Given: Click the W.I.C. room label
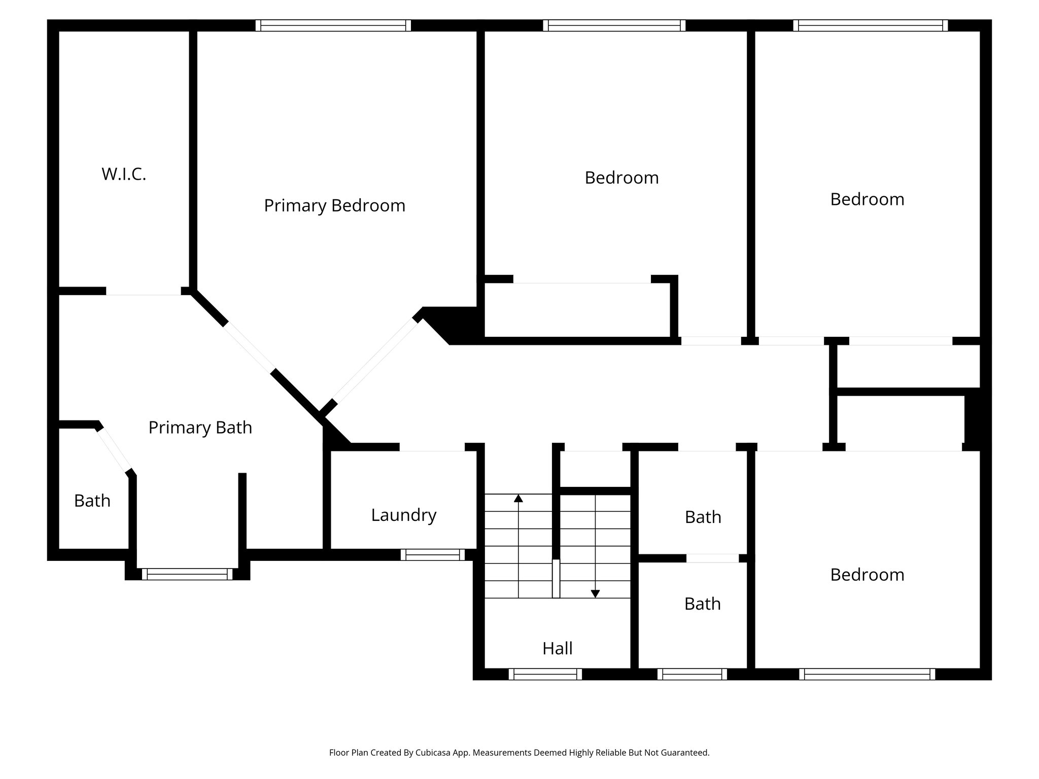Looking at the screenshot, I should click(x=124, y=174).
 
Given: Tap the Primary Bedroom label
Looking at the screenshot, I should click(x=334, y=206).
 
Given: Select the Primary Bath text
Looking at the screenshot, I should click(x=200, y=428).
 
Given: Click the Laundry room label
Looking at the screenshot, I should click(x=403, y=515).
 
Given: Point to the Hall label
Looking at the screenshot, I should click(x=557, y=649).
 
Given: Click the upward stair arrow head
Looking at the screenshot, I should click(x=518, y=498).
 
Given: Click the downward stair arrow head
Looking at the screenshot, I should click(x=596, y=593).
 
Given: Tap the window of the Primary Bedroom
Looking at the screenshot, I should click(x=333, y=25).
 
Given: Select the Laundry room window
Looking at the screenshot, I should click(x=433, y=555).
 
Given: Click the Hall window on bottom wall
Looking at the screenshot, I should click(x=545, y=674).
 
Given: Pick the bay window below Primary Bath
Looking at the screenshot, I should click(x=187, y=574).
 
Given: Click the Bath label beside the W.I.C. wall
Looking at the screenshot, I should click(x=92, y=501).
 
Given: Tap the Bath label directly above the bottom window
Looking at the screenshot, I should click(x=702, y=604).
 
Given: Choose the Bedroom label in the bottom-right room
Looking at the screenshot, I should click(x=867, y=575).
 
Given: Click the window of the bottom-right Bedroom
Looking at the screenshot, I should click(x=867, y=674).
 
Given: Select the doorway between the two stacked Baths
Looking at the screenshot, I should click(x=712, y=558).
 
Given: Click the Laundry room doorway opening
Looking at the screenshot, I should click(x=432, y=447).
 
